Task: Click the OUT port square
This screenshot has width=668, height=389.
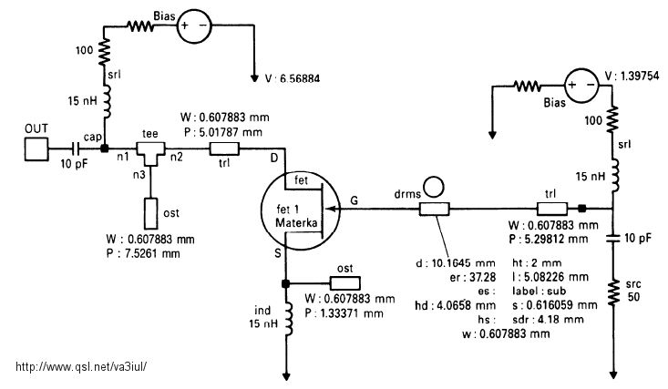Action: [36, 148]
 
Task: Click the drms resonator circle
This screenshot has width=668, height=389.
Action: [433, 187]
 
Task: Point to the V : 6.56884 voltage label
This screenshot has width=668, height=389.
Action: [293, 79]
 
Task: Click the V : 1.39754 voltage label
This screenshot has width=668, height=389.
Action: [632, 76]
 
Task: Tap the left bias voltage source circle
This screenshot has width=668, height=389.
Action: [194, 26]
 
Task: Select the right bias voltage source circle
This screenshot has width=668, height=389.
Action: [581, 86]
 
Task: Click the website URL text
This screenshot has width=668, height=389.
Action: [81, 366]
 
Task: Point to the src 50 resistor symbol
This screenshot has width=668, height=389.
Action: [613, 292]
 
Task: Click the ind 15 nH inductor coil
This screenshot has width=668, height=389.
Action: [288, 319]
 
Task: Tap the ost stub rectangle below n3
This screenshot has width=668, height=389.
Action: [150, 213]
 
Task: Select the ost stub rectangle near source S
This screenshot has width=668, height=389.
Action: [345, 283]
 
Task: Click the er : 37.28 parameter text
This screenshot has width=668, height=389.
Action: [472, 277]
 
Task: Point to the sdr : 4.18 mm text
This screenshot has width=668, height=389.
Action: [548, 320]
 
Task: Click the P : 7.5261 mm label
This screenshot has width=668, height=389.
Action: [143, 254]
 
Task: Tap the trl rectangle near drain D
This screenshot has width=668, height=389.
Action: [224, 148]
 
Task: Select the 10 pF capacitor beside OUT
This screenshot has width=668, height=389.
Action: [76, 148]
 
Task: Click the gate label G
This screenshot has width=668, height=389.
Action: [354, 200]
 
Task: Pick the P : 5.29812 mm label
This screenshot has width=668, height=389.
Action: [549, 239]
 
